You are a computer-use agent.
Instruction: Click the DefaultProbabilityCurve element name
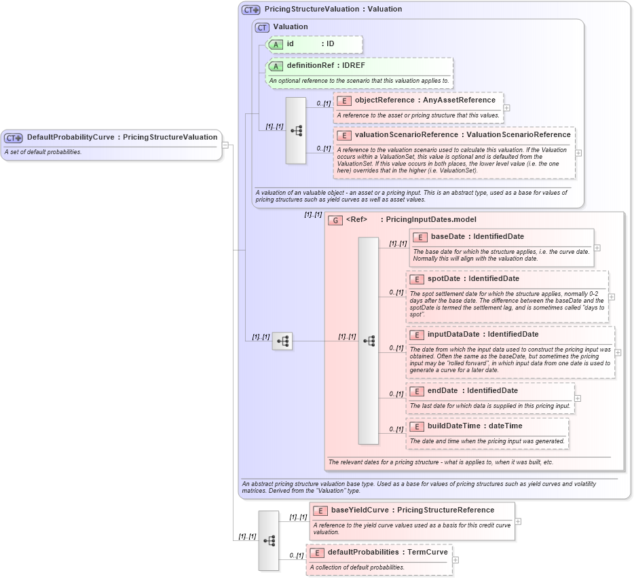point(71,137)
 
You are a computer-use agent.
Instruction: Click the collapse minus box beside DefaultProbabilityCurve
point(225,145)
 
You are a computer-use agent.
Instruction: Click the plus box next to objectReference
point(506,107)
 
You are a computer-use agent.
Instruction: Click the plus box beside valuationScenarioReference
point(578,153)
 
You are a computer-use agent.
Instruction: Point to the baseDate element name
point(450,237)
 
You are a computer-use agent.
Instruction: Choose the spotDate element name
point(445,279)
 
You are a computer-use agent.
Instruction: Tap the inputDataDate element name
point(453,334)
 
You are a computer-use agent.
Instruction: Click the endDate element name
point(442,390)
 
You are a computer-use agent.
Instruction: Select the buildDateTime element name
point(453,426)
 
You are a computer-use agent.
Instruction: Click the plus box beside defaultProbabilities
point(455,560)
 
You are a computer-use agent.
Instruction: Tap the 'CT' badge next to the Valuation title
point(262,27)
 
